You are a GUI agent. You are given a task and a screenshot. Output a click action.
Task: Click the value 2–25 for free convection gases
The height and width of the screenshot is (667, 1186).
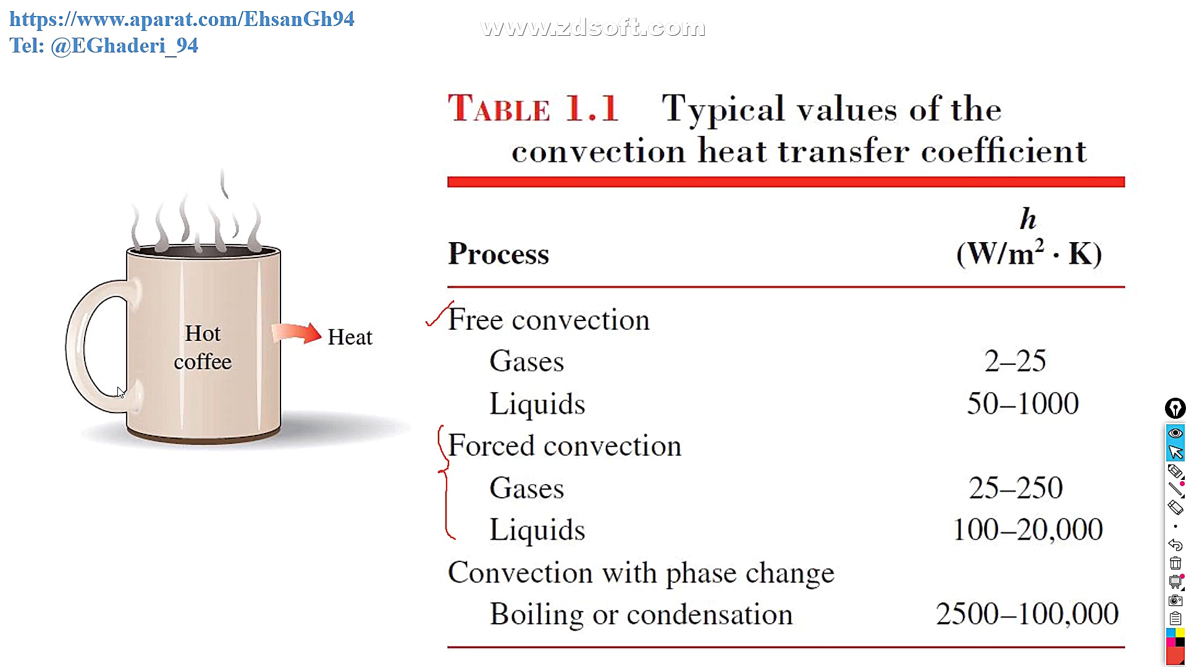1015,361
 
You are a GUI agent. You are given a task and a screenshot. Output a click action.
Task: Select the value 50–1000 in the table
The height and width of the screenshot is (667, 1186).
1023,403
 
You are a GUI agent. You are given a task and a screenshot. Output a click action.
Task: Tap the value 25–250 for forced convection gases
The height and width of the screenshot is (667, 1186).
1016,487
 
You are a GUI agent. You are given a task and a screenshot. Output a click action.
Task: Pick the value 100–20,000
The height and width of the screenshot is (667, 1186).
1028,529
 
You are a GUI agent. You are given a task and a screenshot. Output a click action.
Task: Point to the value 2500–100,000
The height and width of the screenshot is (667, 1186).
1027,614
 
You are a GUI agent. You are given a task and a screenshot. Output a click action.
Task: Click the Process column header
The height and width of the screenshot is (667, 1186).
498,254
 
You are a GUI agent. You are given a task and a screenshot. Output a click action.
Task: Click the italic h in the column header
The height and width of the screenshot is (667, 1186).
1028,219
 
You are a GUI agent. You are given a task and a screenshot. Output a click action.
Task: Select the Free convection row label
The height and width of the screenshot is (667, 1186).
549,319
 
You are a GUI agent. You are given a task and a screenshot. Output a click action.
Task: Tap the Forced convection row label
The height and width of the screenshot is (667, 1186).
565,445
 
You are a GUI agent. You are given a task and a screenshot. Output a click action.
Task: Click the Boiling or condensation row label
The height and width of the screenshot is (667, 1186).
641,615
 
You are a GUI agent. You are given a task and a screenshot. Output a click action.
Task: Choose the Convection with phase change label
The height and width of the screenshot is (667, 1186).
641,573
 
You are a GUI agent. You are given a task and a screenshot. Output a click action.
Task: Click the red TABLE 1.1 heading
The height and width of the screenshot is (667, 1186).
532,109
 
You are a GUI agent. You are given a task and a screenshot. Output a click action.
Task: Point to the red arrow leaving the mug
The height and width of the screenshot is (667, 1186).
296,333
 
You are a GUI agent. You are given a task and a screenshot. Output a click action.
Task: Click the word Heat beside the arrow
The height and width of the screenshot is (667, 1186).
350,337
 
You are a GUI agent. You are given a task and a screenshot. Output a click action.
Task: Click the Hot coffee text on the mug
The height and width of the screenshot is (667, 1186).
203,347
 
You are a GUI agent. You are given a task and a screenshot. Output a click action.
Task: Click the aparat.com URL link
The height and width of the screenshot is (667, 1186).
182,19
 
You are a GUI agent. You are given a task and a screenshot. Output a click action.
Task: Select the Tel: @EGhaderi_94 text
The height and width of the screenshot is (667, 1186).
104,46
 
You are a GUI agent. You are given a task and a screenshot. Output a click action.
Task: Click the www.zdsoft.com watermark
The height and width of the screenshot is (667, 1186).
593,27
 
